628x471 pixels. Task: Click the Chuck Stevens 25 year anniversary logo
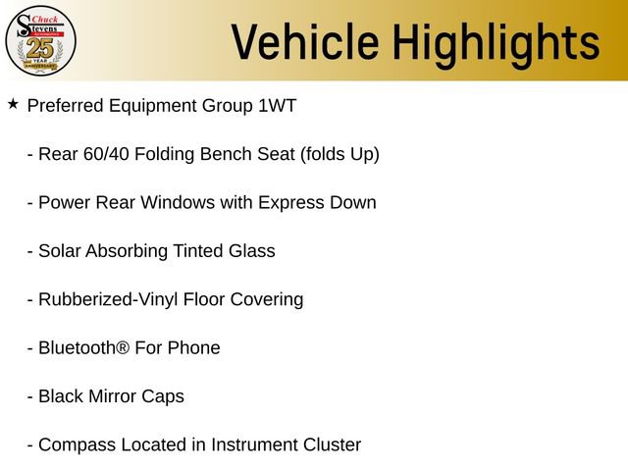[x=40, y=40]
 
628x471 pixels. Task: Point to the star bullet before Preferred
[x=13, y=103]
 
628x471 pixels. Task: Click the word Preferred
[x=67, y=106]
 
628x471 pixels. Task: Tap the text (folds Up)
[x=340, y=154]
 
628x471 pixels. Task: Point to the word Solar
[x=60, y=250]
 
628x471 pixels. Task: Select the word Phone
[x=193, y=347]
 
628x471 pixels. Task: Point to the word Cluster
[x=330, y=445]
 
